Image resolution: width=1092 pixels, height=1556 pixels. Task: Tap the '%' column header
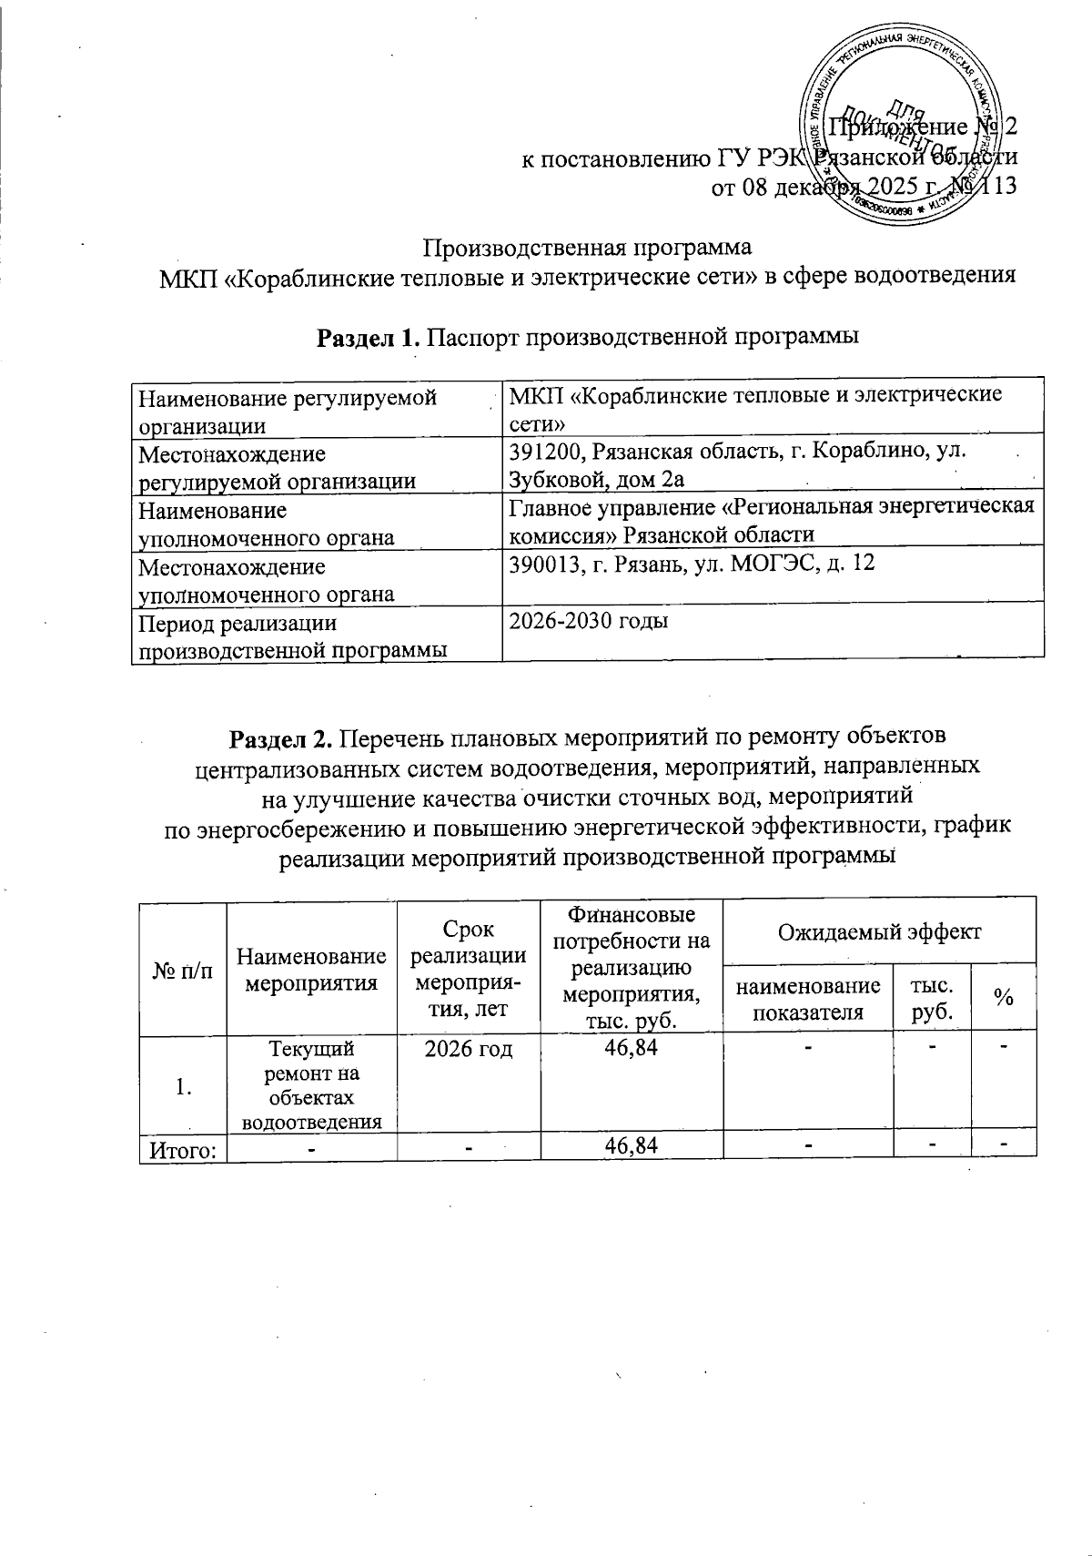(1004, 998)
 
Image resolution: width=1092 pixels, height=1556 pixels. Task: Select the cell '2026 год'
(469, 1049)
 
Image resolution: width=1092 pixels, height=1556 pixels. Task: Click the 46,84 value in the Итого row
(632, 1147)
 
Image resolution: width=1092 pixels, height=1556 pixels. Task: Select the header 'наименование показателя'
(807, 998)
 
